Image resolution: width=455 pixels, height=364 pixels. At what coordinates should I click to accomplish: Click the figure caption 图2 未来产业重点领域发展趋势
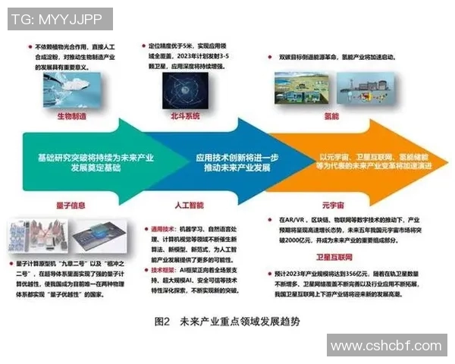point(227,322)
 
